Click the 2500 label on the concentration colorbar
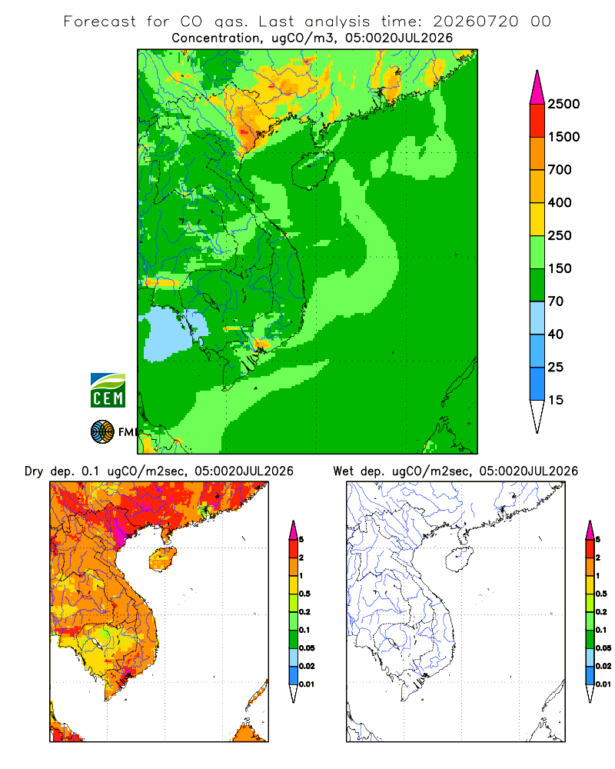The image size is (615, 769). point(563,104)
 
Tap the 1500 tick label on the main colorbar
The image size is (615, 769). point(563,137)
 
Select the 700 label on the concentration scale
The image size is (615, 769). point(560,170)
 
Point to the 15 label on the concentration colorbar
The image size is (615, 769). point(556,400)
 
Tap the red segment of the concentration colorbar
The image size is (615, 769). point(537,121)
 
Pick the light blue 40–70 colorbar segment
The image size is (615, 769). point(537,318)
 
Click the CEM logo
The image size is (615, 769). point(108,391)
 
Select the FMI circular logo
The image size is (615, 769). point(102,432)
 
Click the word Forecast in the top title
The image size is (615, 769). point(100,22)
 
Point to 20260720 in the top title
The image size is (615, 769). point(475,22)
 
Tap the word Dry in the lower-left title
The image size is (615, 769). point(34,471)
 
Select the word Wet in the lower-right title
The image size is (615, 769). point(343,471)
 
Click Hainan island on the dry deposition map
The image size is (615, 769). point(162,559)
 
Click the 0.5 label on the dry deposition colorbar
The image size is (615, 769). point(304,594)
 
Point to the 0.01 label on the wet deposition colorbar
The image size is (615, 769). point(603,684)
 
